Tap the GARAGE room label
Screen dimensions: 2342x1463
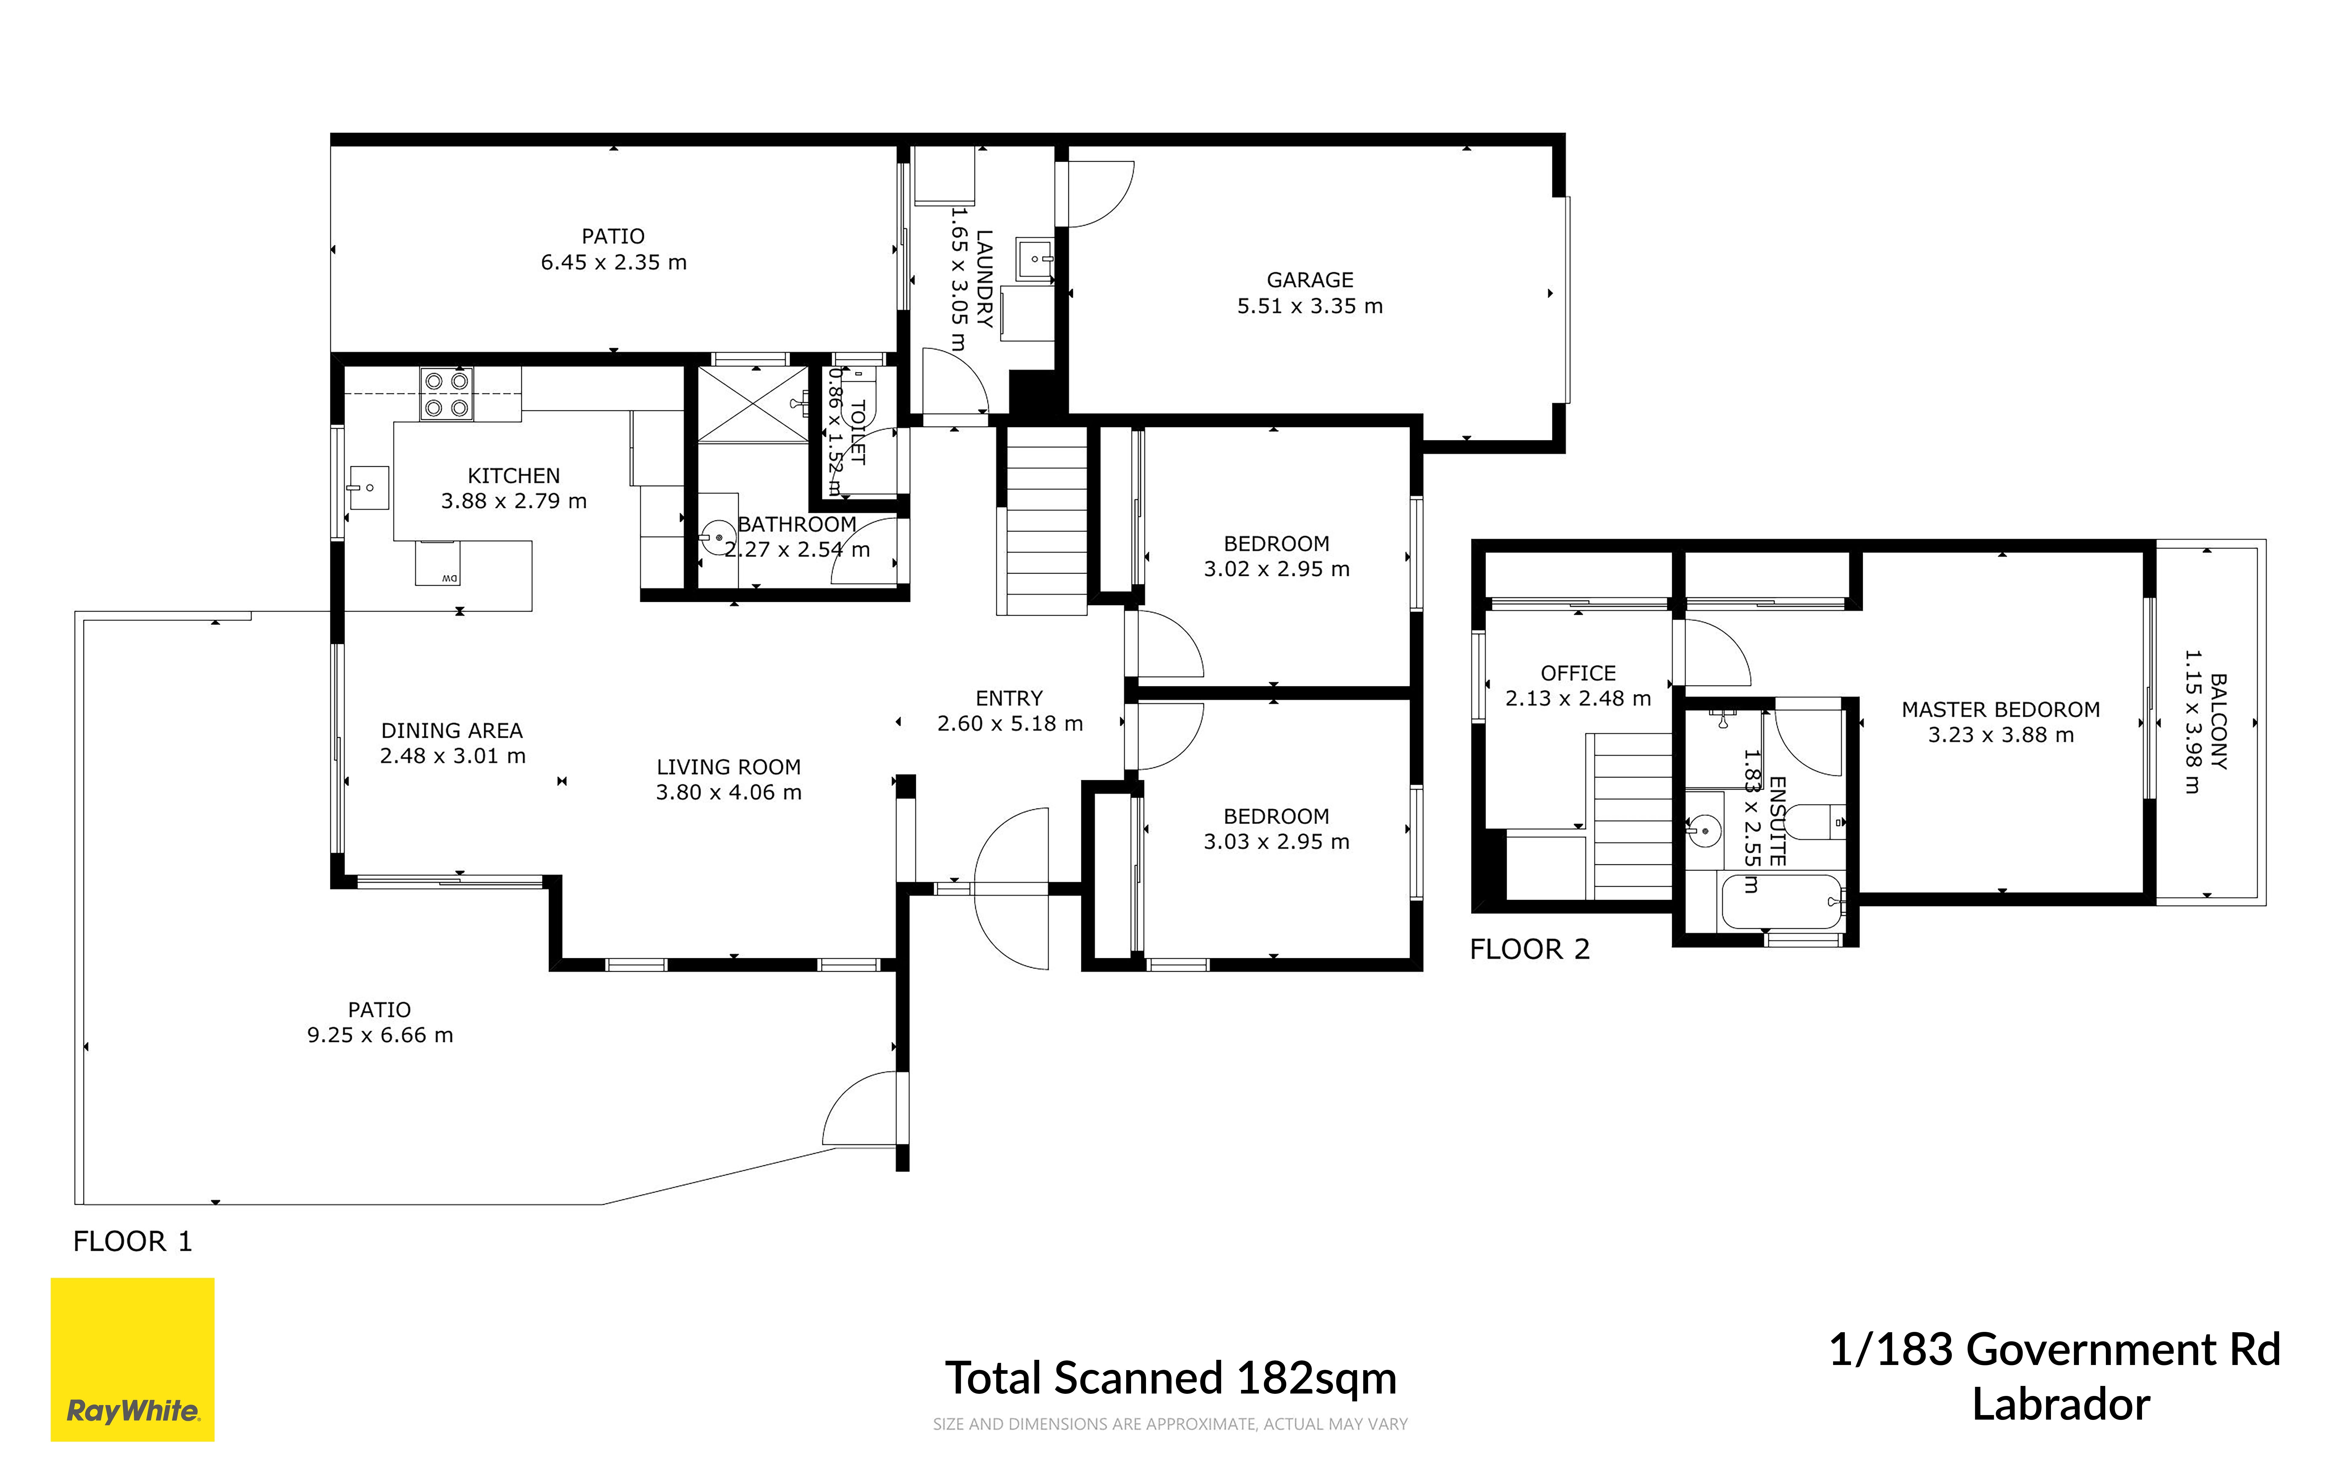[1310, 279]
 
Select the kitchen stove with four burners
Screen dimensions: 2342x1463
[446, 394]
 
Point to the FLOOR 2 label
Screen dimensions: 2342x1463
[1529, 949]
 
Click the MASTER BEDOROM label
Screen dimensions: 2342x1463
[2001, 709]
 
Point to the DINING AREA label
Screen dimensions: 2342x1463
[452, 730]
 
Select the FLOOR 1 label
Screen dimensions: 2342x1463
[133, 1241]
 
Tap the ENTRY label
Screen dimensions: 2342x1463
[1009, 699]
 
